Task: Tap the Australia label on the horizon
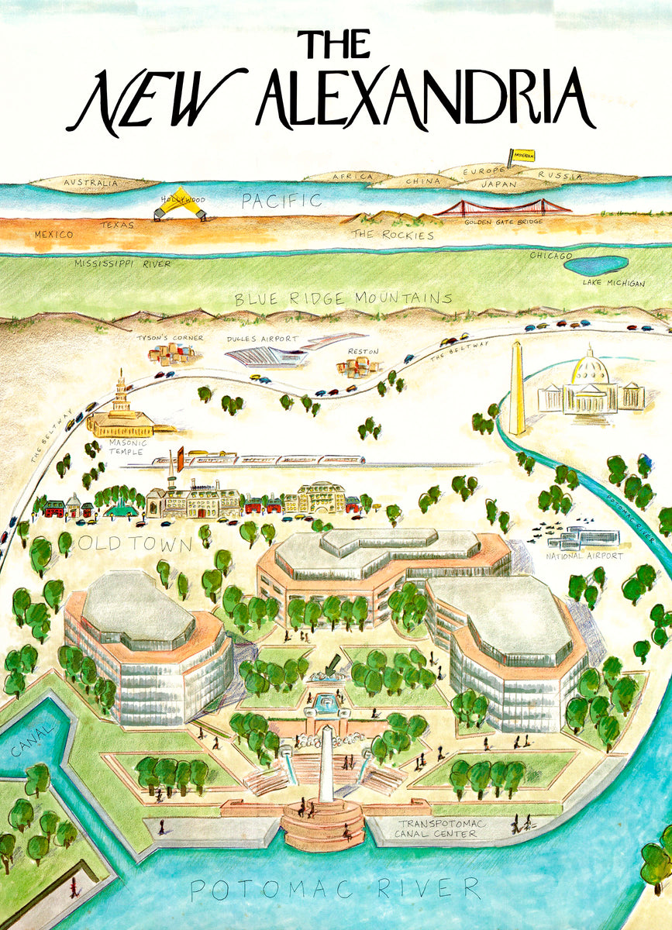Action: click(91, 184)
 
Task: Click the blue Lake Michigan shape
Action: click(595, 265)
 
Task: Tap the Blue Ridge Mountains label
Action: click(343, 298)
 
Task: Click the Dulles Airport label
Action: click(262, 339)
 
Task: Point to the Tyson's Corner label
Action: click(170, 338)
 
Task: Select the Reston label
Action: click(363, 351)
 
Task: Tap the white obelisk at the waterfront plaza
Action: click(327, 763)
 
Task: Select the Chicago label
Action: click(550, 255)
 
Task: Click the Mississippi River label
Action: click(122, 263)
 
